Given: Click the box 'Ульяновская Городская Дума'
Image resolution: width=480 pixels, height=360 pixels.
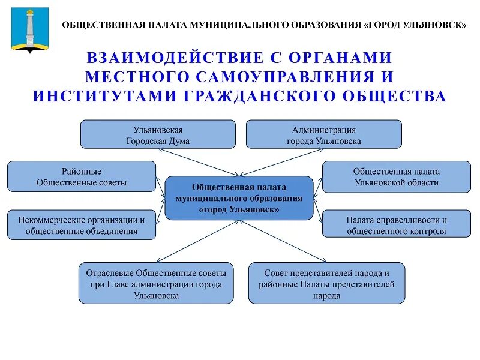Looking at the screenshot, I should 158,134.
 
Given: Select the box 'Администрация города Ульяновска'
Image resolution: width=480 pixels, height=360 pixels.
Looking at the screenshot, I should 323,134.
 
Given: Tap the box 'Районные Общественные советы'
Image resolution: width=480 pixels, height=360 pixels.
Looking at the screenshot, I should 82,176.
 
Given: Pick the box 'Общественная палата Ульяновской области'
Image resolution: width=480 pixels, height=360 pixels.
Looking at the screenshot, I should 397,176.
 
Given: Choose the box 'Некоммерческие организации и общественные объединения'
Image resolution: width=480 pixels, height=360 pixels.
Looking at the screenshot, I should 82,225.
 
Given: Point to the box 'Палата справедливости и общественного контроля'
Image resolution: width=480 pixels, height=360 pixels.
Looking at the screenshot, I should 397,225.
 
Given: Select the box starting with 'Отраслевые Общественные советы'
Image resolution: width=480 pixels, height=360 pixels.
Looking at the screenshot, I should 155,283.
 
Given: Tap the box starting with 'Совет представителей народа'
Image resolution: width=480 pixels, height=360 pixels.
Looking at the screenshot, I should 326,283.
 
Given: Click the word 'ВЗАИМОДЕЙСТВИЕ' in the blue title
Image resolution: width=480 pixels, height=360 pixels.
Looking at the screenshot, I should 175,58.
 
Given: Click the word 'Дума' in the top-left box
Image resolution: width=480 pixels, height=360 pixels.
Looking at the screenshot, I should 179,141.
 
